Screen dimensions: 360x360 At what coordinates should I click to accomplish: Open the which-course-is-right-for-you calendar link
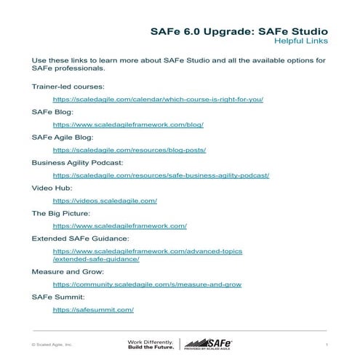tap(158, 99)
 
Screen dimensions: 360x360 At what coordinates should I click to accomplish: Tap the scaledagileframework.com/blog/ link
tap(128, 124)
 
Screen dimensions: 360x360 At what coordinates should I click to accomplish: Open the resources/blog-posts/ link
tap(129, 150)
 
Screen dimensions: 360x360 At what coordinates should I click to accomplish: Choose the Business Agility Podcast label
tap(77, 162)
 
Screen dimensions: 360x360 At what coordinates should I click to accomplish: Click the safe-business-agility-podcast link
tap(161, 175)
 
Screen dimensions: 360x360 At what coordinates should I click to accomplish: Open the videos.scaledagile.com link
tap(105, 200)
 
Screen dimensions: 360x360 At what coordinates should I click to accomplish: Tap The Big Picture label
tap(60, 213)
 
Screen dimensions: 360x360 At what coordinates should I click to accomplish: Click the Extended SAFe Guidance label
tap(80, 239)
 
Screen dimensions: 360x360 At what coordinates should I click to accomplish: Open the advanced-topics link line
tap(148, 251)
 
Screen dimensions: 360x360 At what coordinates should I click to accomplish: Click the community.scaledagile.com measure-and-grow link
tap(147, 284)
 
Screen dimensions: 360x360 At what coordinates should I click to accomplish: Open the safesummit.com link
tap(93, 310)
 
